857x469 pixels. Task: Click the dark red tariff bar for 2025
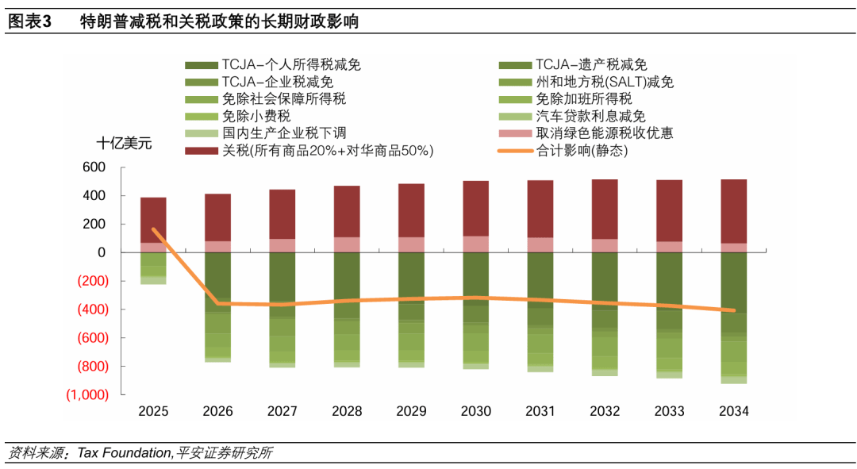[153, 220]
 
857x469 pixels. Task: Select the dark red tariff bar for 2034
[733, 211]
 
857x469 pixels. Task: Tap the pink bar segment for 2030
[475, 244]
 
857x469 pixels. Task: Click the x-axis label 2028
[347, 411]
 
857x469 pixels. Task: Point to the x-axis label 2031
[540, 411]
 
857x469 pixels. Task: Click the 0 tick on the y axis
[101, 252]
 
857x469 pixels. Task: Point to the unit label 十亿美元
[123, 144]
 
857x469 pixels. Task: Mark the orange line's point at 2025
[153, 229]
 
